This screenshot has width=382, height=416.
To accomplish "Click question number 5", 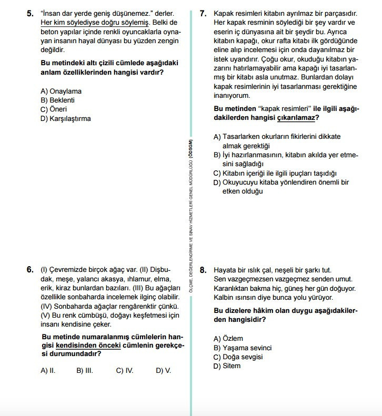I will click(x=30, y=14).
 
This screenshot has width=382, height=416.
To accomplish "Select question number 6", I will click(x=30, y=269).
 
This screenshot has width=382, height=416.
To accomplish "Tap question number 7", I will click(x=203, y=14).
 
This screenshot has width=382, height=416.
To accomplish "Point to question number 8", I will click(x=203, y=270).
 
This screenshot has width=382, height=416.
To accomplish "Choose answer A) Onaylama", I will click(x=61, y=92).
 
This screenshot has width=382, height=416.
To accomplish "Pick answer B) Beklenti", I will click(x=58, y=100).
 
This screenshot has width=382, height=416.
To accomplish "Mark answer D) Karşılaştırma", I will click(x=66, y=118).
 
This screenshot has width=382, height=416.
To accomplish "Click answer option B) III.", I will click(x=85, y=370).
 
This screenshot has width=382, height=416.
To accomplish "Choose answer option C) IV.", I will click(x=125, y=370).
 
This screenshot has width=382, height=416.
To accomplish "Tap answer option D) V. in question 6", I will click(x=164, y=370).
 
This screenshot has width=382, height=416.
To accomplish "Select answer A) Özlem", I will click(x=228, y=339).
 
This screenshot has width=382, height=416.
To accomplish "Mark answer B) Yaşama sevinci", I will click(x=243, y=348).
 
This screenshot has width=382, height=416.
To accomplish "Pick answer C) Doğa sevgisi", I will click(x=238, y=357).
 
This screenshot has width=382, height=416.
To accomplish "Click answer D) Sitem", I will click(x=227, y=366).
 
